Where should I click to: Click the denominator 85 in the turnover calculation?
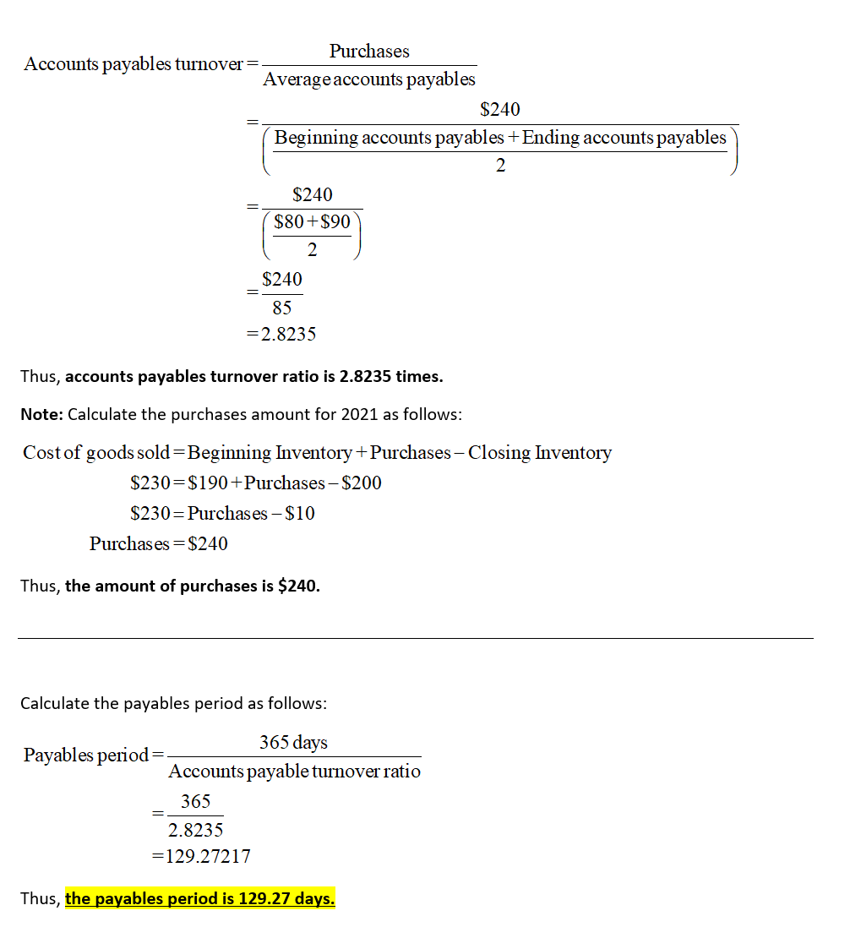click(x=281, y=308)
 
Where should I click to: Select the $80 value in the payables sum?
click(x=290, y=221)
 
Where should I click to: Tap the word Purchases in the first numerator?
click(x=369, y=52)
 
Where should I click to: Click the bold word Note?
click(x=41, y=415)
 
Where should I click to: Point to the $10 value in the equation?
click(x=300, y=513)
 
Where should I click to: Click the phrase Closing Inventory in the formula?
click(x=539, y=452)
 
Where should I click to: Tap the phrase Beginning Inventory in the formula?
click(x=270, y=452)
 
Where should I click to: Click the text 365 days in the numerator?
click(x=293, y=742)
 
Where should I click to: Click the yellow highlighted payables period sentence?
click(x=199, y=898)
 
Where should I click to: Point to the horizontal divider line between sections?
click(x=415, y=638)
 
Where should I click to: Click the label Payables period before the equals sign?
click(x=86, y=755)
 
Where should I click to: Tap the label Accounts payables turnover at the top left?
click(x=133, y=64)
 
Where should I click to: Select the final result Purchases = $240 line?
click(x=159, y=543)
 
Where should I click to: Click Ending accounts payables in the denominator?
click(x=624, y=138)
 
